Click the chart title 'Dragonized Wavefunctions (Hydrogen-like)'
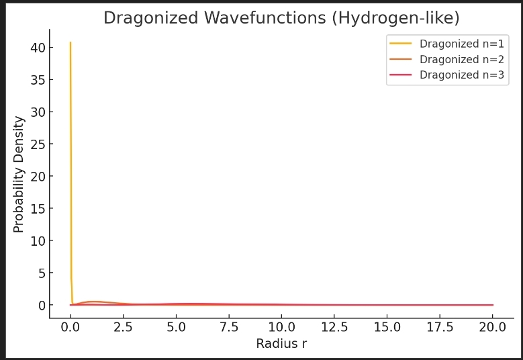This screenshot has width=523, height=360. pos(281,18)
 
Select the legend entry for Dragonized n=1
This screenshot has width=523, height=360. pos(461,44)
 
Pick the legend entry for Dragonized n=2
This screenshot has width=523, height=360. pos(461,59)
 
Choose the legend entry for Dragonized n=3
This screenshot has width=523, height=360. pos(461,75)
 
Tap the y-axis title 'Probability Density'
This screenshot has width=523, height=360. pos(19,175)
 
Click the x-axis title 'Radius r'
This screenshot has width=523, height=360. pos(281,344)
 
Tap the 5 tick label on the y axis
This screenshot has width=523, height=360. pos(41,273)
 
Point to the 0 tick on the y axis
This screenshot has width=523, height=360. pos(41,306)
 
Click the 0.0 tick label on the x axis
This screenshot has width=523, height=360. pos(70,327)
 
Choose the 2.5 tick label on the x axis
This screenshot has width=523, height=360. pos(123,327)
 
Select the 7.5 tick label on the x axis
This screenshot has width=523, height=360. pos(229,327)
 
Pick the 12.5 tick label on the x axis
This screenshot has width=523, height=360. pos(334,327)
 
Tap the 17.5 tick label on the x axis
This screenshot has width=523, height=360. pos(440,327)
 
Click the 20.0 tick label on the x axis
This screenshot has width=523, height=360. pos(493,327)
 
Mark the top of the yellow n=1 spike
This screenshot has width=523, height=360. pos(70,42)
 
